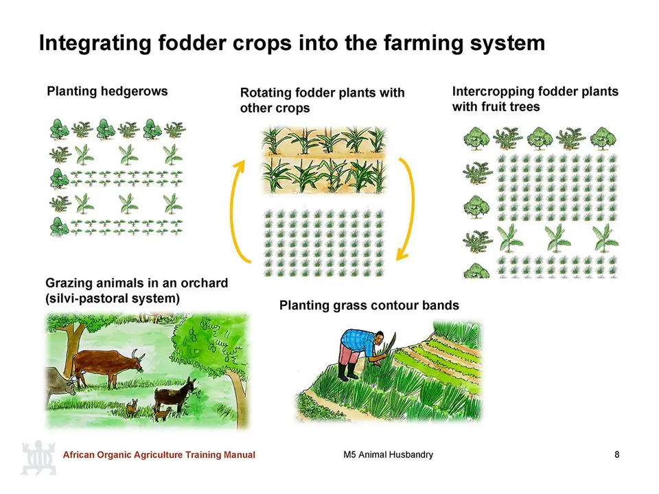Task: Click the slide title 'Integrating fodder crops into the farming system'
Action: [292, 43]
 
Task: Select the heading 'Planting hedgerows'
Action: [107, 91]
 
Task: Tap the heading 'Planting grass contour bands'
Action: [369, 305]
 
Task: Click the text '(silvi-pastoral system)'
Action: [113, 298]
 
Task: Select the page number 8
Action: [616, 454]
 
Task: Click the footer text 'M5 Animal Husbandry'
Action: [388, 454]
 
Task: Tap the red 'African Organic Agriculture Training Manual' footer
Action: [159, 454]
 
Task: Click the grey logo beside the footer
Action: [38, 458]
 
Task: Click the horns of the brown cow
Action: [139, 355]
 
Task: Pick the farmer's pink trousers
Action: [349, 355]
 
